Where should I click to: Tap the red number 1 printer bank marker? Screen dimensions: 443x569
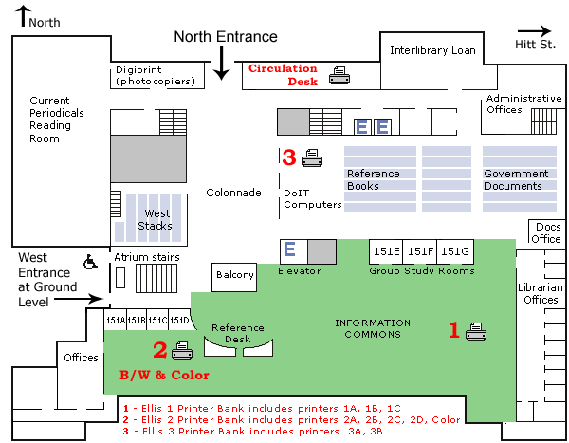pos(454,330)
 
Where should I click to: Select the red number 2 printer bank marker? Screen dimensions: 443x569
pos(159,351)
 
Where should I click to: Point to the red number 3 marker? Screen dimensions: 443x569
pos(288,157)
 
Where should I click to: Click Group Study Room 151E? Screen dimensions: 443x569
pos(386,251)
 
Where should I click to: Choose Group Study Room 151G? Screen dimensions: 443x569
pos(455,251)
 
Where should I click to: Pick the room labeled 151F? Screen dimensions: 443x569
pos(420,251)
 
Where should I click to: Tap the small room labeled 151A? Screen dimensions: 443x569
pos(114,321)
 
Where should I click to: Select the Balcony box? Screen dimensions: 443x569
pos(235,275)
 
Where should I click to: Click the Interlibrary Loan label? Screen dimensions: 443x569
pos(432,50)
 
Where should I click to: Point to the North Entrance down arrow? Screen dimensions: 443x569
pos(221,64)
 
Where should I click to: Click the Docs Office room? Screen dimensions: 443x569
pos(547,232)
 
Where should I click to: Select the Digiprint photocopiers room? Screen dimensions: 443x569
pos(156,76)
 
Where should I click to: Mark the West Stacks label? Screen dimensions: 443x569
pos(156,219)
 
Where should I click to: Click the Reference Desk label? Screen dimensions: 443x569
pos(237,333)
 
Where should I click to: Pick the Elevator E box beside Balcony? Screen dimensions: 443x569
pos(290,249)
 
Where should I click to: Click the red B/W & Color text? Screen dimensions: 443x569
pos(163,375)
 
